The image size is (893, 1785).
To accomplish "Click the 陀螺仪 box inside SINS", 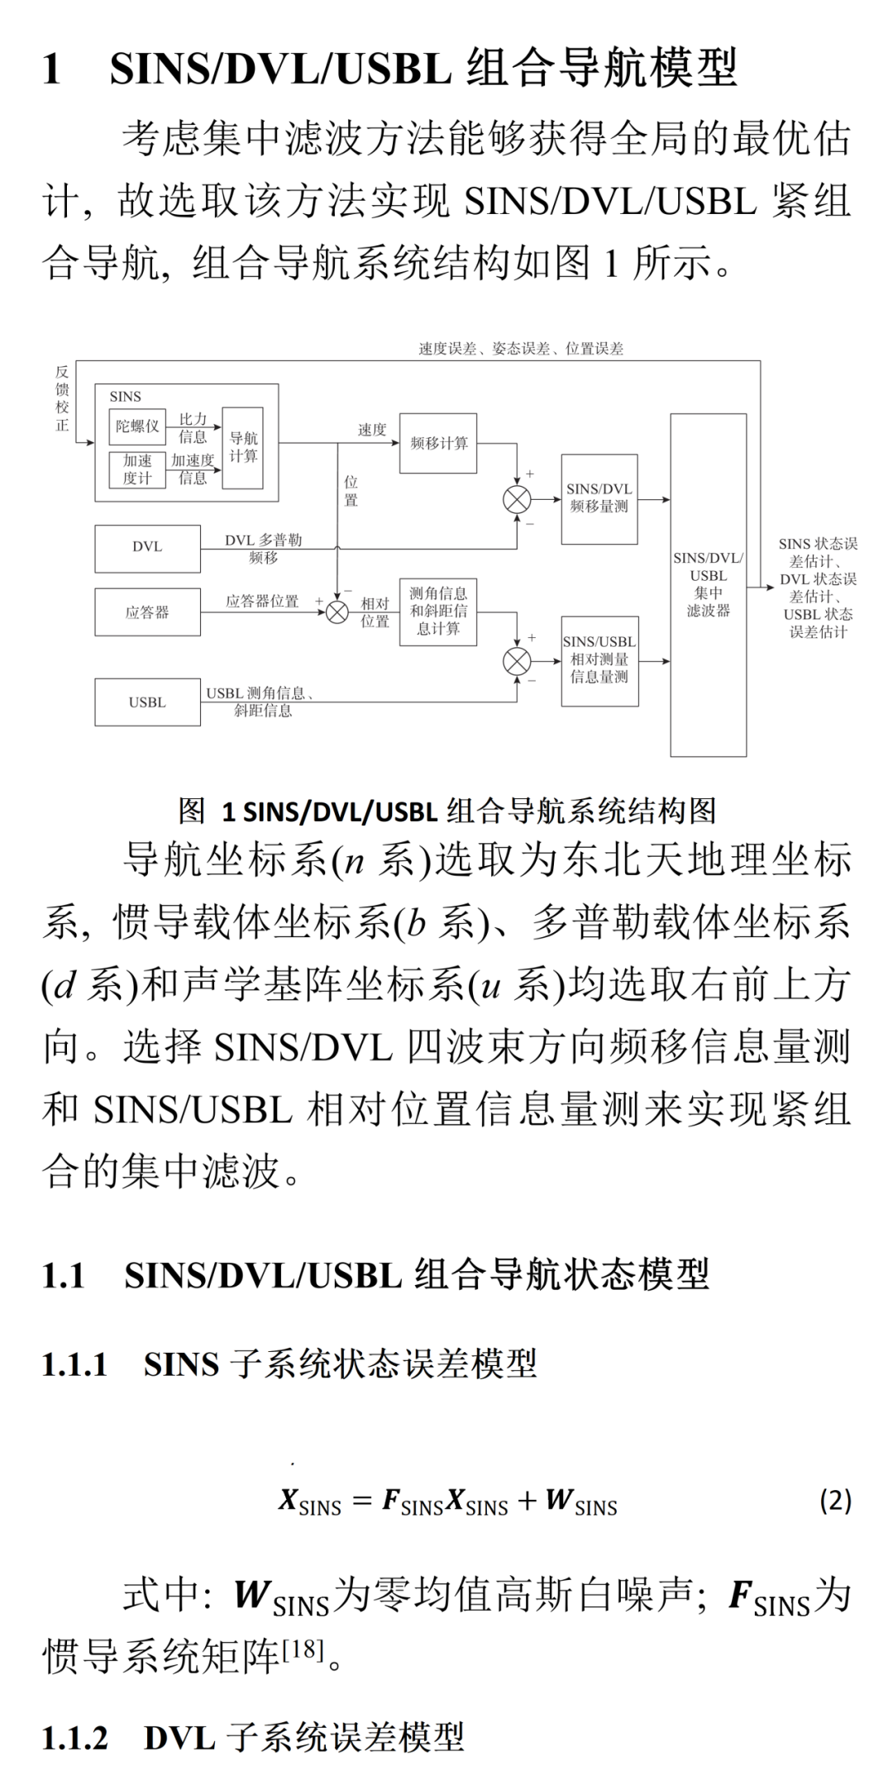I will (137, 426).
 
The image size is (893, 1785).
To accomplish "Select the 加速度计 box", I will (137, 469).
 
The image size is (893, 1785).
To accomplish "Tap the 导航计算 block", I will (243, 447).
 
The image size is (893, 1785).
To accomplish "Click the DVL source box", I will (147, 548).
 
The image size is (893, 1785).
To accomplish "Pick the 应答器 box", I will (147, 612).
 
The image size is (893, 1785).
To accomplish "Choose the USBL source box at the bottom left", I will (147, 702).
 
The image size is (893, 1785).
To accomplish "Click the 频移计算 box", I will (438, 443).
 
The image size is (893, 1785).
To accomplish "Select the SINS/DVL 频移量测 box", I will (599, 498).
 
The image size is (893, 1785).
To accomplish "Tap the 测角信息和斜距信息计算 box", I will (438, 612).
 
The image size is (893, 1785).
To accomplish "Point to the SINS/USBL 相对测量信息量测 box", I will (599, 660).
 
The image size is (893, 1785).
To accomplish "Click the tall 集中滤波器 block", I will (709, 585).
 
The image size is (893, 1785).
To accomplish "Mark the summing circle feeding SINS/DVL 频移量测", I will (518, 499).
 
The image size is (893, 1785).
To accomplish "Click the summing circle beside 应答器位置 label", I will (337, 612).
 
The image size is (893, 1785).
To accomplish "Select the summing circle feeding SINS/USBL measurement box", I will (518, 661).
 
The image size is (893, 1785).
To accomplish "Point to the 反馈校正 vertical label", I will (62, 399).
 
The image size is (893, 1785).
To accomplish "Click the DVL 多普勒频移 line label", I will (263, 548).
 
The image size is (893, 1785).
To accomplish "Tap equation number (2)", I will (835, 1500).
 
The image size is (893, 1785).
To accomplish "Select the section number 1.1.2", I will (74, 1738).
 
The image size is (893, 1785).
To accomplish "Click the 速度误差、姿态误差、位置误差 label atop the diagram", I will (521, 349).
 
